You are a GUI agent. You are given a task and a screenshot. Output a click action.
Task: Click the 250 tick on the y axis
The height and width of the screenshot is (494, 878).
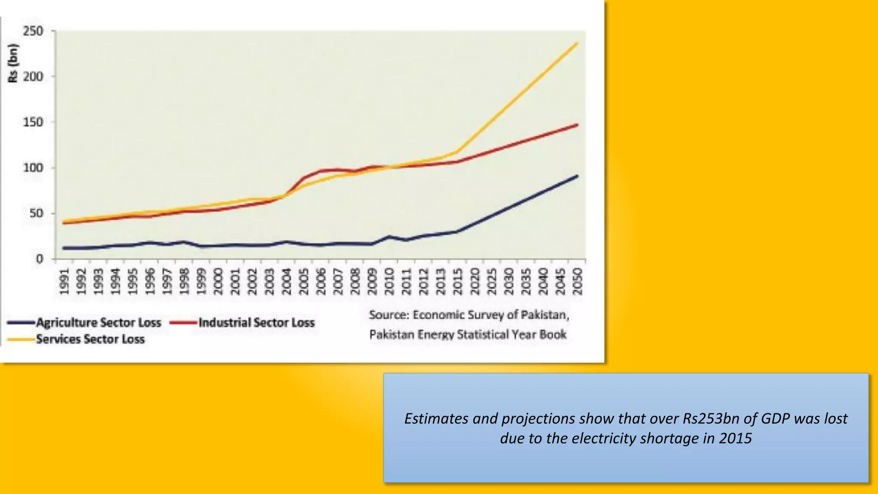pos(33,31)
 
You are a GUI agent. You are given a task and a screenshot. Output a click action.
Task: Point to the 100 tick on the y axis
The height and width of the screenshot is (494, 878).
pos(33,168)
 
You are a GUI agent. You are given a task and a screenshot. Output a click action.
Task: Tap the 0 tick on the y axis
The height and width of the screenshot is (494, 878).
pos(39,259)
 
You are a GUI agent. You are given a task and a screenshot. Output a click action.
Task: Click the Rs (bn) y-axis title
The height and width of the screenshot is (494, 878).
pos(13,63)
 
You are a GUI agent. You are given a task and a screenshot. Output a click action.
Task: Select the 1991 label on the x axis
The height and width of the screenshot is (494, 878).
pos(64,282)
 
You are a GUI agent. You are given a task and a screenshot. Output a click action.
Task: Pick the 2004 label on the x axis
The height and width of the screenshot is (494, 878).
pos(286,282)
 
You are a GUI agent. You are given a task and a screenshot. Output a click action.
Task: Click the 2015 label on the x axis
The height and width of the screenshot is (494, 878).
pos(457,282)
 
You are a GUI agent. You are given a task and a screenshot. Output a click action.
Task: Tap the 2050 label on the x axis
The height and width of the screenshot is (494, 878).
pos(577,282)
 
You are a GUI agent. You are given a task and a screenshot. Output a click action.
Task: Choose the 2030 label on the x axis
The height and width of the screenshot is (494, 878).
pos(509,282)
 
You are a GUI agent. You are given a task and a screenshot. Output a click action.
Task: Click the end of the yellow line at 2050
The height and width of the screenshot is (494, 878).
pos(577,43)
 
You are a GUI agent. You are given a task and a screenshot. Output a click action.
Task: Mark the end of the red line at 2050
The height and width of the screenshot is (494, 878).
pos(577,125)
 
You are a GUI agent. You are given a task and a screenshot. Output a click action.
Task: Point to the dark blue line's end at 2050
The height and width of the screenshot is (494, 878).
pos(577,176)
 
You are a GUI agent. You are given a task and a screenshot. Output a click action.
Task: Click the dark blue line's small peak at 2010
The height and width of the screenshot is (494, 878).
pos(389,236)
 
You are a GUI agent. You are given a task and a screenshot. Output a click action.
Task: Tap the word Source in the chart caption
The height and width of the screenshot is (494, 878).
pos(388,315)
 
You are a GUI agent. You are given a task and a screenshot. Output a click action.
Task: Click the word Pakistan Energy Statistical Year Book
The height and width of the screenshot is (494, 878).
pos(468,334)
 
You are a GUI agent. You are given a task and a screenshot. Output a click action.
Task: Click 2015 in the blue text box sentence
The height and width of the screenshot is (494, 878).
pos(735,438)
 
